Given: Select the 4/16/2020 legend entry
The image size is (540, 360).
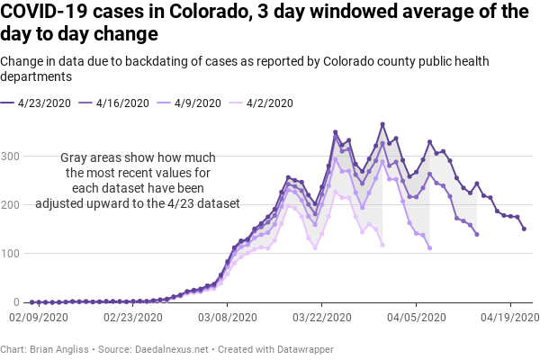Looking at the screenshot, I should click(121, 103).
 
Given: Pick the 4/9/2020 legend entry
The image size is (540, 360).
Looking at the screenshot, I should click(195, 103).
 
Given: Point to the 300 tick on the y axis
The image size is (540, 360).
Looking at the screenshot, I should click(12, 157).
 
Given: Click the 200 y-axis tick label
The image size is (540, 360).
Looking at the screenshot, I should click(12, 205).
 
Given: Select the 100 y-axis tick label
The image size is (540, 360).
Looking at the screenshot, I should click(12, 254).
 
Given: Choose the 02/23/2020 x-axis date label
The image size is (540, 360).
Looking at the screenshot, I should click(132, 318).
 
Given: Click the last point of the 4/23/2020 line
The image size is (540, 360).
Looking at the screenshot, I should click(524, 229).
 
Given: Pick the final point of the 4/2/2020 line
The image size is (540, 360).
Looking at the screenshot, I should click(382, 245).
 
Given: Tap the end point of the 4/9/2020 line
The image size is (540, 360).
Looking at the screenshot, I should click(429, 247).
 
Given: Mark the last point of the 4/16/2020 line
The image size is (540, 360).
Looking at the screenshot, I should click(477, 234).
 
